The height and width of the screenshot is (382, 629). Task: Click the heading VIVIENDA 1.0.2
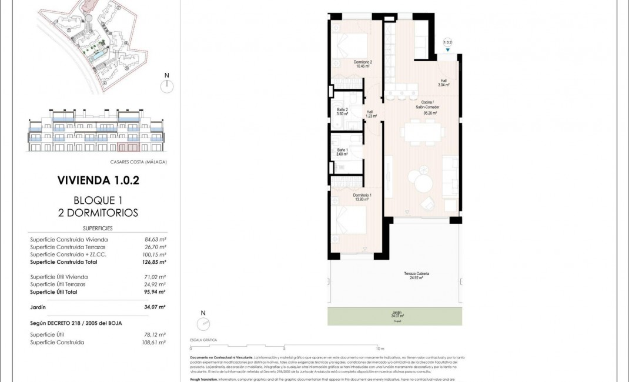point(98,180)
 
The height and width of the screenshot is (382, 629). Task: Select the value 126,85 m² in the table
point(155,262)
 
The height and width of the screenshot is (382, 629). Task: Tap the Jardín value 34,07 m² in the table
point(155,307)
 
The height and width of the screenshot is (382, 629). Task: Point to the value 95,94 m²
point(155,292)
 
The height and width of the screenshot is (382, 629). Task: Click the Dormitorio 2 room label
point(363,64)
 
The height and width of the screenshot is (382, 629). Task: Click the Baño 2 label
point(334,112)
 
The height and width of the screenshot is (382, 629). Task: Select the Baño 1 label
point(334,152)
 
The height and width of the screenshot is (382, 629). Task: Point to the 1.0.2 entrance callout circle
point(447,42)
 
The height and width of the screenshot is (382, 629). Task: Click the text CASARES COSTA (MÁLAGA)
point(138,162)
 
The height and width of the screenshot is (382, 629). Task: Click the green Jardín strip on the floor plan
point(394,317)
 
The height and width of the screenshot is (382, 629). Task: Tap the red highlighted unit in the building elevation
point(128,147)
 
